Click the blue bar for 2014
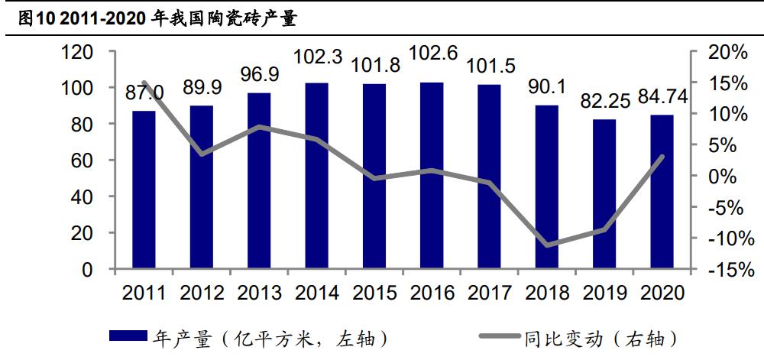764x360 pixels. (316, 176)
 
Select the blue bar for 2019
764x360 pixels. (604, 194)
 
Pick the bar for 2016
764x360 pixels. (432, 175)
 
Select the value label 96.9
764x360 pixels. (260, 76)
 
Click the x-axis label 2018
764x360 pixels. (546, 293)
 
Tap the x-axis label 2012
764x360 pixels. (201, 293)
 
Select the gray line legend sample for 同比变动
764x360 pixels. (499, 337)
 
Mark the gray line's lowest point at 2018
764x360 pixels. (547, 245)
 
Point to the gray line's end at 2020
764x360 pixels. (662, 157)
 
